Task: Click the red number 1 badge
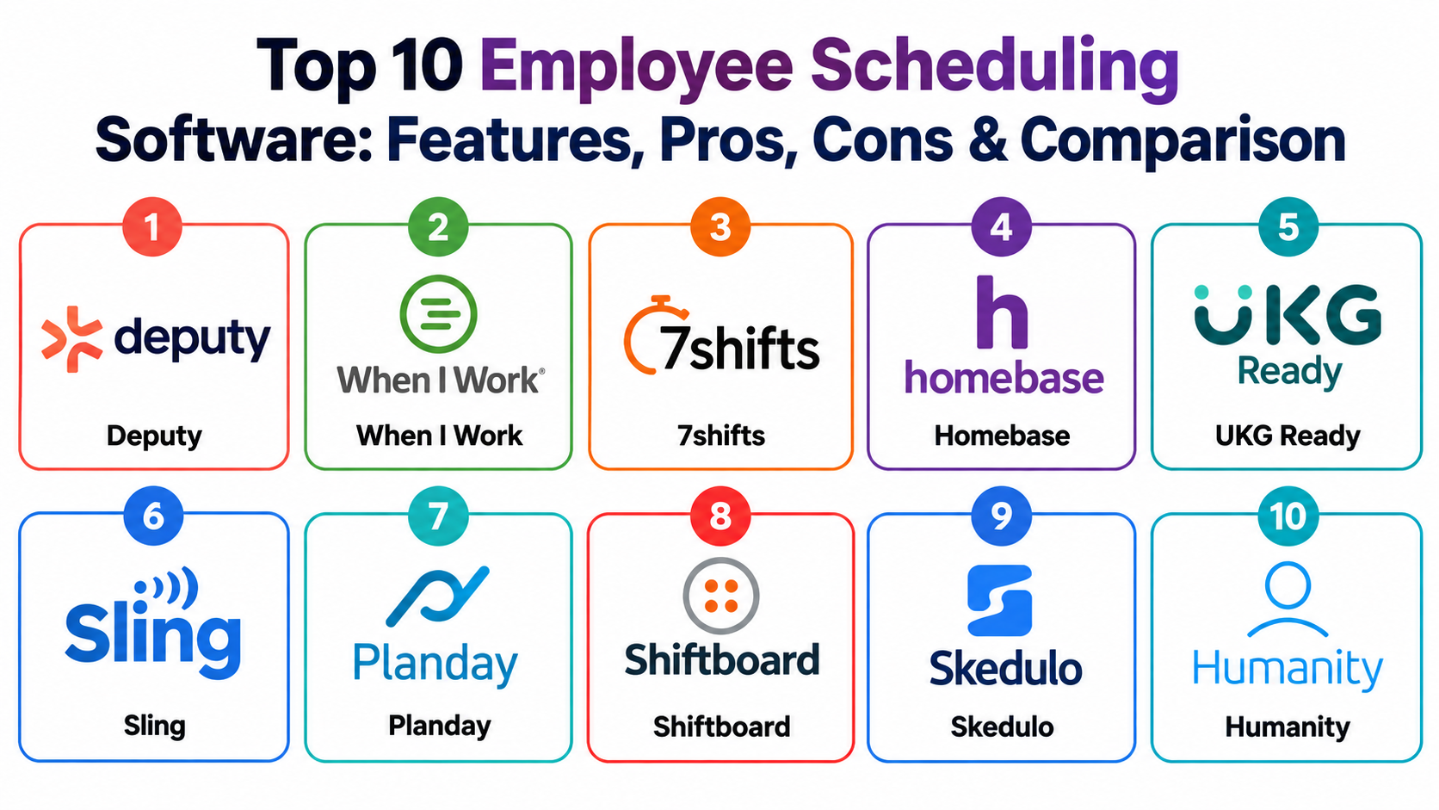click(x=152, y=226)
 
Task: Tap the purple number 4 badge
click(x=1002, y=226)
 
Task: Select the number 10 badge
click(x=1288, y=516)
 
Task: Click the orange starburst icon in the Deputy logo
click(x=71, y=339)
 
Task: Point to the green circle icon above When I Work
click(x=439, y=313)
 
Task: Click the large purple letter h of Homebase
click(x=1002, y=312)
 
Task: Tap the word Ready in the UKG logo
click(x=1290, y=372)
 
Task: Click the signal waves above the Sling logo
click(x=166, y=587)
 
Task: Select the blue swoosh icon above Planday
click(x=437, y=596)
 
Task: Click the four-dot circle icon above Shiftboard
click(x=720, y=597)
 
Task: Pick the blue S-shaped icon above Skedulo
click(x=999, y=601)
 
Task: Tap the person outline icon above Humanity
click(x=1288, y=599)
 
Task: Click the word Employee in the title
click(x=637, y=67)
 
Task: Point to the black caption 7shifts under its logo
click(x=720, y=436)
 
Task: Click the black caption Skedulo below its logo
click(x=1002, y=727)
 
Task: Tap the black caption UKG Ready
click(x=1288, y=436)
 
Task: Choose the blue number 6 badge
click(x=153, y=516)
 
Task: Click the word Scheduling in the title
click(x=994, y=67)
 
